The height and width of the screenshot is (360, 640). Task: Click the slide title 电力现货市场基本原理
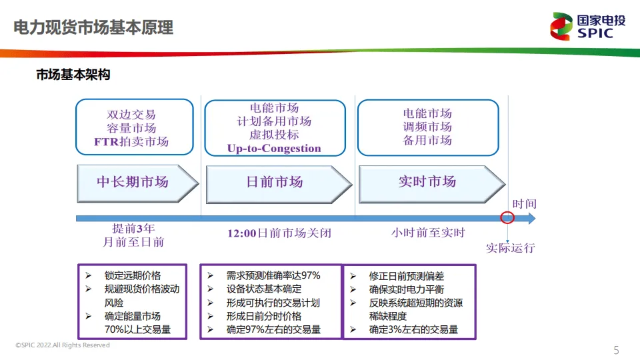(x=93, y=27)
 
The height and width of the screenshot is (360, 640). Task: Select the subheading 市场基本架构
(x=73, y=75)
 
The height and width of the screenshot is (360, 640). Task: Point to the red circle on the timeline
(x=507, y=218)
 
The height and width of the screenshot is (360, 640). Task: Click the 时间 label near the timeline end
(x=524, y=204)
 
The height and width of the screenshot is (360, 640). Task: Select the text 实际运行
(x=510, y=249)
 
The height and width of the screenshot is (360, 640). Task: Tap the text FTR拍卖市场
(x=131, y=141)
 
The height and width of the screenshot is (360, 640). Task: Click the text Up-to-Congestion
(x=274, y=148)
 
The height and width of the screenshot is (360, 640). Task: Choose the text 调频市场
(x=427, y=127)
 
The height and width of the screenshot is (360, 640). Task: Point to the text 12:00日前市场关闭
(x=279, y=233)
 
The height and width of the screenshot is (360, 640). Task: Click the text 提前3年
(x=133, y=228)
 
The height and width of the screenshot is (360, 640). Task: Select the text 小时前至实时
(x=428, y=233)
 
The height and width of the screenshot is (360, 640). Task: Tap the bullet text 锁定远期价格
(x=133, y=275)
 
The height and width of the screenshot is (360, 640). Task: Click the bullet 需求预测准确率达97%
(x=273, y=275)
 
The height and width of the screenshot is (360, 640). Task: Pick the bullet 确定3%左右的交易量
(x=413, y=329)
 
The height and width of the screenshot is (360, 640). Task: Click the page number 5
(x=616, y=350)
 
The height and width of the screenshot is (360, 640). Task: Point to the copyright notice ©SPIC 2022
(x=63, y=345)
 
